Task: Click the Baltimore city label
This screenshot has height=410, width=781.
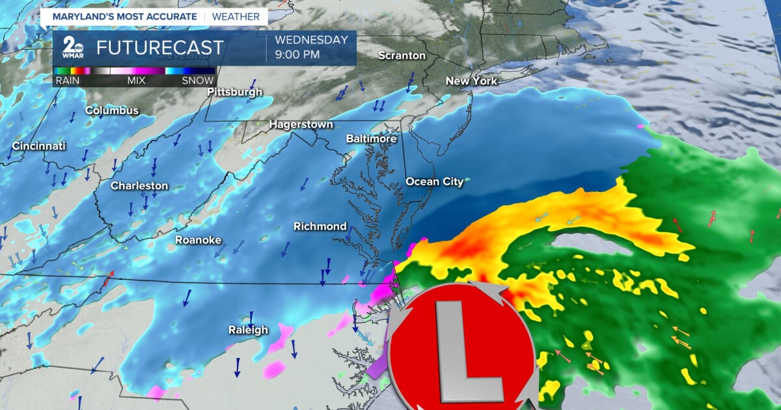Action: click(x=371, y=139)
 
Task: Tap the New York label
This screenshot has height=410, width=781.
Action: click(x=471, y=81)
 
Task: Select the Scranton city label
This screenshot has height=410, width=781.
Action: click(x=402, y=56)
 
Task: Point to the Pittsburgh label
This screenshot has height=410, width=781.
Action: click(x=234, y=92)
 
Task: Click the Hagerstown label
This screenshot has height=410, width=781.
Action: click(x=301, y=124)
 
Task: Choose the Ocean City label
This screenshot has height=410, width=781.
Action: click(x=435, y=182)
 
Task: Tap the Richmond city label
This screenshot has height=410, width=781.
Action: click(x=320, y=226)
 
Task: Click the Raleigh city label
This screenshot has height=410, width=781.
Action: click(x=247, y=330)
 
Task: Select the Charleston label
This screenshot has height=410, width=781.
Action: click(x=139, y=186)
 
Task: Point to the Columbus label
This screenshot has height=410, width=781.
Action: click(x=112, y=111)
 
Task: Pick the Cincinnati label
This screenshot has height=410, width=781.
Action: click(x=39, y=146)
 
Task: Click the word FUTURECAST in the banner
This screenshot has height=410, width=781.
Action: click(x=160, y=48)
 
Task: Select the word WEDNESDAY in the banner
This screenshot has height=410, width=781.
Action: click(x=312, y=40)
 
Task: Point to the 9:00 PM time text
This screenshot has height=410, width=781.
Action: click(x=297, y=55)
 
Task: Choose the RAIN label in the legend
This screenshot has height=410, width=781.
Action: click(x=67, y=81)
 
